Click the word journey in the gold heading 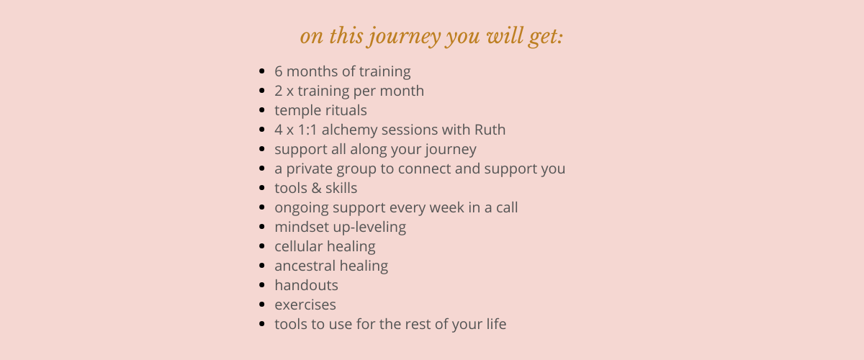click(x=404, y=37)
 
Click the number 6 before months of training click(x=279, y=71)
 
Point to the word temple click(x=297, y=111)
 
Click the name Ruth click(x=490, y=130)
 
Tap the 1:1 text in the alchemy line click(x=307, y=130)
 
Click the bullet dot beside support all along click(x=262, y=149)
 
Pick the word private click(x=310, y=169)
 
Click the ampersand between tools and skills click(x=316, y=189)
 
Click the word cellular click(x=299, y=246)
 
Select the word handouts click(x=306, y=285)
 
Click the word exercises click(x=305, y=305)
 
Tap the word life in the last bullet click(x=496, y=324)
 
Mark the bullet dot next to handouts click(x=262, y=285)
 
